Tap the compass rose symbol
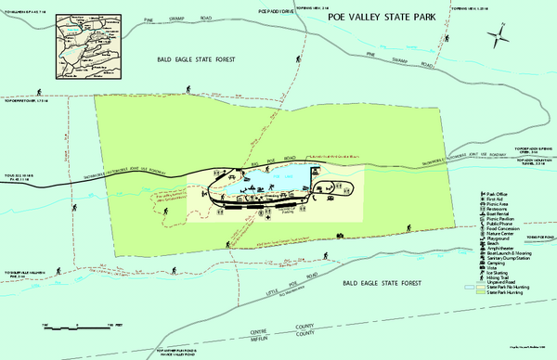pyautogui.click(x=499, y=37)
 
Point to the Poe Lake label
pyautogui.click(x=291, y=174)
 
